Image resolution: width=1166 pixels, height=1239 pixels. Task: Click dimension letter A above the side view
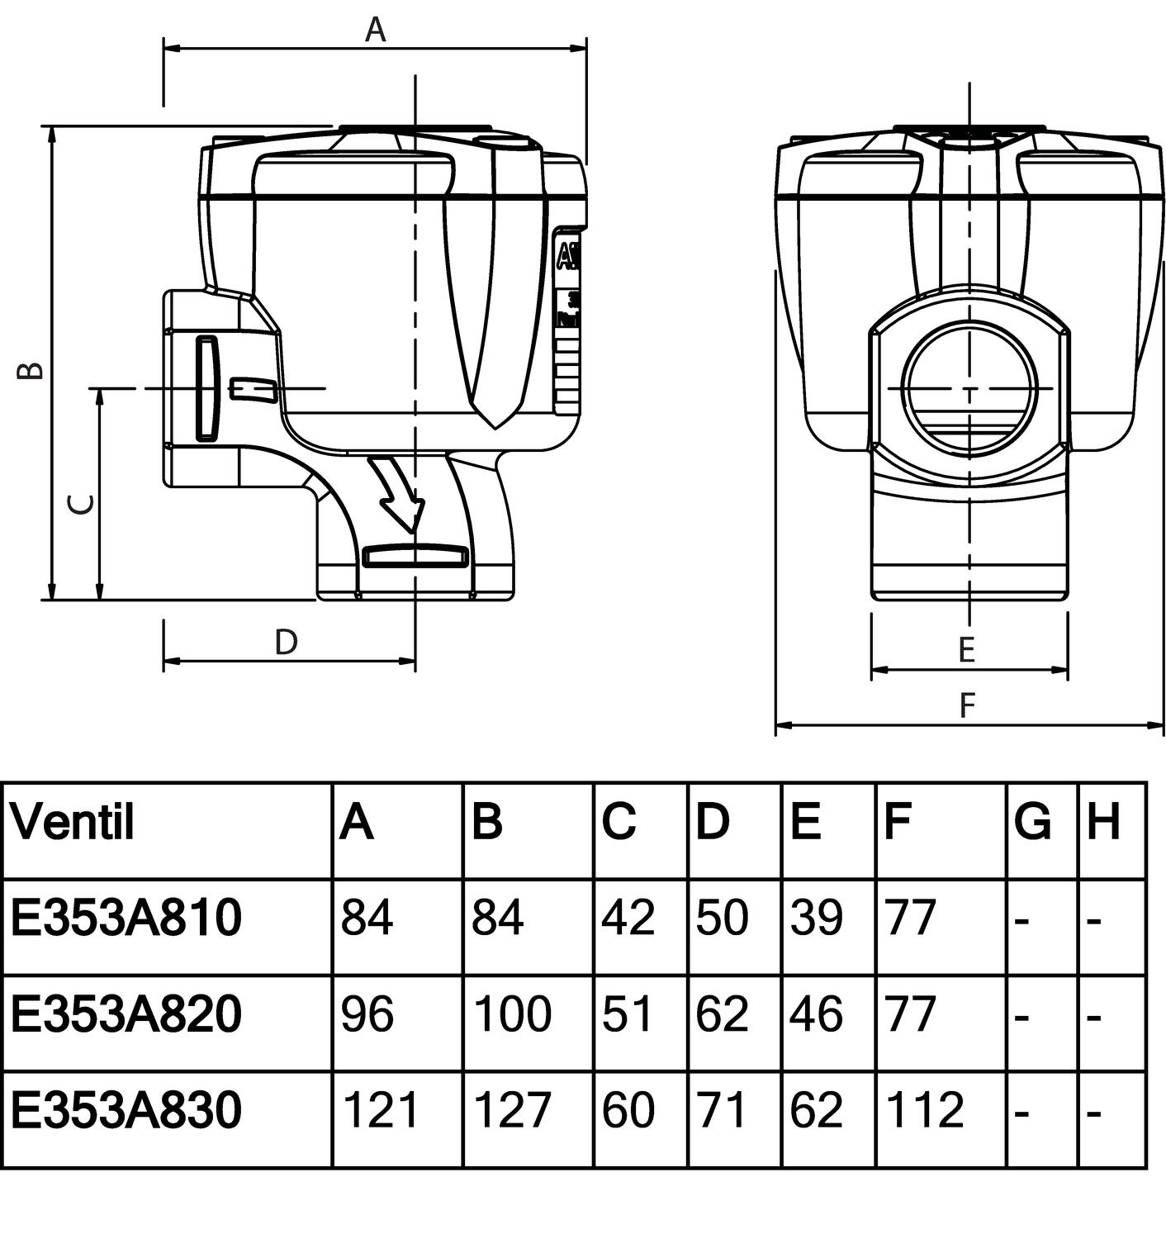(x=376, y=30)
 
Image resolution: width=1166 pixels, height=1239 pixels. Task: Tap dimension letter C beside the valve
(x=80, y=504)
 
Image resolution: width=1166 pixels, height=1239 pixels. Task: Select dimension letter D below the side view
(x=286, y=642)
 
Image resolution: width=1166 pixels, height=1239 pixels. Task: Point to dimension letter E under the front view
(x=967, y=650)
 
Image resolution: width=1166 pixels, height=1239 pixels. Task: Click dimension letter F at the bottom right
(x=967, y=705)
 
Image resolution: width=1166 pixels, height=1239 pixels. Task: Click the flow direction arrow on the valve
(x=397, y=494)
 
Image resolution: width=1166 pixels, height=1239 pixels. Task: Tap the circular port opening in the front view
(x=968, y=388)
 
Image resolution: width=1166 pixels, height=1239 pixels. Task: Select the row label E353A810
(x=126, y=918)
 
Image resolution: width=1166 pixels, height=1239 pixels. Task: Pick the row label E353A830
(x=126, y=1109)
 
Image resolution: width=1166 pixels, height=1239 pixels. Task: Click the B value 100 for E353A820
(x=512, y=1014)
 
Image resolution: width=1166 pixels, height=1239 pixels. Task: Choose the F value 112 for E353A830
(x=924, y=1109)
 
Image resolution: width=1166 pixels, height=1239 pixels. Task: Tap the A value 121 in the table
(x=380, y=1109)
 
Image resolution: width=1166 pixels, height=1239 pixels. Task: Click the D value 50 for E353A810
(x=722, y=918)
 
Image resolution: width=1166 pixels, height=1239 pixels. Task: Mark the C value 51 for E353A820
(x=628, y=1014)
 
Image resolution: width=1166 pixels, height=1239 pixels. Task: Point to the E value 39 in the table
(x=816, y=918)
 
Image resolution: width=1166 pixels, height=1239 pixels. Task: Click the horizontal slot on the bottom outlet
(x=415, y=557)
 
